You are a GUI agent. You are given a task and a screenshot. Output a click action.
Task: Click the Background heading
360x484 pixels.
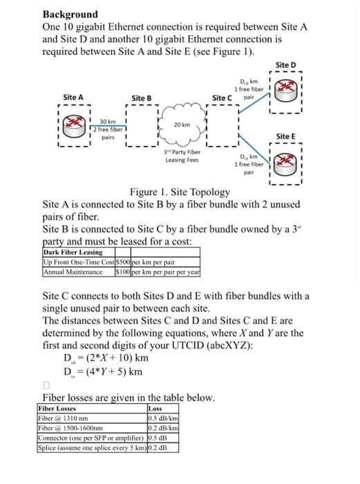pyautogui.click(x=70, y=14)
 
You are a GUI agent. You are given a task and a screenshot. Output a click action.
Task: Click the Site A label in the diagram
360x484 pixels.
pyautogui.click(x=73, y=97)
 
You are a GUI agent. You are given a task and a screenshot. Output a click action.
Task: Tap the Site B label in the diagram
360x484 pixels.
pyautogui.click(x=141, y=98)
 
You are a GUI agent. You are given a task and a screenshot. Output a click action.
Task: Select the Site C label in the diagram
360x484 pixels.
pyautogui.click(x=223, y=98)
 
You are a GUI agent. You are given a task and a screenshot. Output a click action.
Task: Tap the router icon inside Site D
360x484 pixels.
pyautogui.click(x=285, y=90)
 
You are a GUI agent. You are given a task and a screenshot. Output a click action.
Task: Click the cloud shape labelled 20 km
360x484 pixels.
pyautogui.click(x=182, y=125)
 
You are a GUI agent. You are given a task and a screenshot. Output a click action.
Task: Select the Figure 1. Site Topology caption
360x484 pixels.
pyautogui.click(x=180, y=192)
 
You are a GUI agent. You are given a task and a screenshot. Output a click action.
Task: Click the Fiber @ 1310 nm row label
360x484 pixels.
pyautogui.click(x=63, y=418)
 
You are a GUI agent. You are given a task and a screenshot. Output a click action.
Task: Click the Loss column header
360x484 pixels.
pyautogui.click(x=156, y=409)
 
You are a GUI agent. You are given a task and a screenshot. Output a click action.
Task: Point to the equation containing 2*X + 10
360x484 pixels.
pyautogui.click(x=105, y=358)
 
